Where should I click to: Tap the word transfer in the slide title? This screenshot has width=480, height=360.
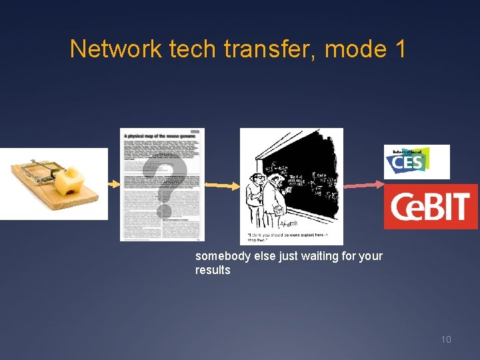255,49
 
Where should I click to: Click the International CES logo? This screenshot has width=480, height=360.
417,161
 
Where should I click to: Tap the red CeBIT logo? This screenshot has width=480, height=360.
431,207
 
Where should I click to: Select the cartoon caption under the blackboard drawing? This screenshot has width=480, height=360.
291,238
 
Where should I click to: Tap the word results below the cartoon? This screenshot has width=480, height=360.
213,270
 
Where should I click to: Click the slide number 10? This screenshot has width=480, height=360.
445,340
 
